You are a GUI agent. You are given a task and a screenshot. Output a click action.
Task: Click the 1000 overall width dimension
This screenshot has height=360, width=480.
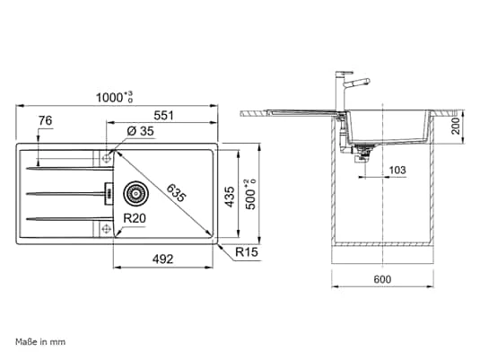point(114,97)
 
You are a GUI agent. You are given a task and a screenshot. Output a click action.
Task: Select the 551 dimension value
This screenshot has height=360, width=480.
point(163,116)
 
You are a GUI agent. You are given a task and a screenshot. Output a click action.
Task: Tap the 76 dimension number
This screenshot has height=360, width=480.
point(45,120)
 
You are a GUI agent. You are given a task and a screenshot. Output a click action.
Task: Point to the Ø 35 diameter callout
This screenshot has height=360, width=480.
point(140,131)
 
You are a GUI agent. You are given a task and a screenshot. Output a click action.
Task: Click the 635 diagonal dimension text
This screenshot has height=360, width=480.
point(177,193)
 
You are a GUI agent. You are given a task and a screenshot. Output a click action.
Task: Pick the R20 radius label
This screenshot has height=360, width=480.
point(135,218)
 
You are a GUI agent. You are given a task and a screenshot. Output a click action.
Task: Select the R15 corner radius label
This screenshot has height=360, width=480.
point(247,252)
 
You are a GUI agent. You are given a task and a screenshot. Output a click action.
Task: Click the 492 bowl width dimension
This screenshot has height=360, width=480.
point(162,259)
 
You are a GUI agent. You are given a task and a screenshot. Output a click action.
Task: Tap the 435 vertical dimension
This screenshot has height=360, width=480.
point(230,197)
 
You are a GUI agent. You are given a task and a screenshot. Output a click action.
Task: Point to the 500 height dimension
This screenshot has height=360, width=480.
point(250,194)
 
